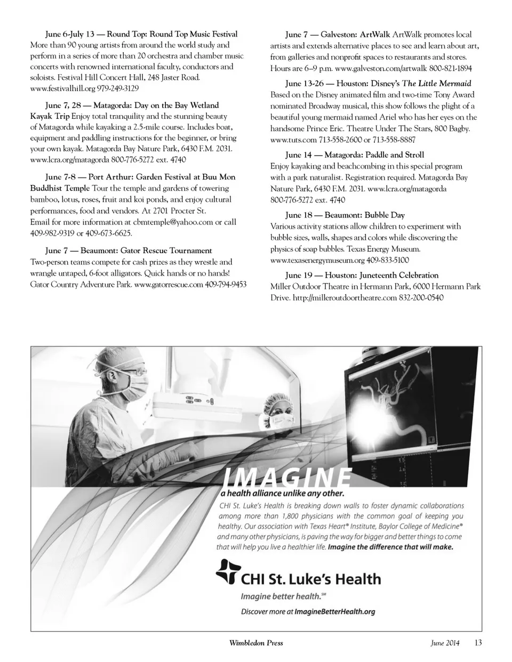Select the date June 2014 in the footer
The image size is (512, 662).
[444, 643]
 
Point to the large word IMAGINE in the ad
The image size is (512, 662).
[287, 477]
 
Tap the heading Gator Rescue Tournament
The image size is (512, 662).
[166, 251]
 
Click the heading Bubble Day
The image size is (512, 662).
[385, 215]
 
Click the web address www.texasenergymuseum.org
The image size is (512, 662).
[317, 261]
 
